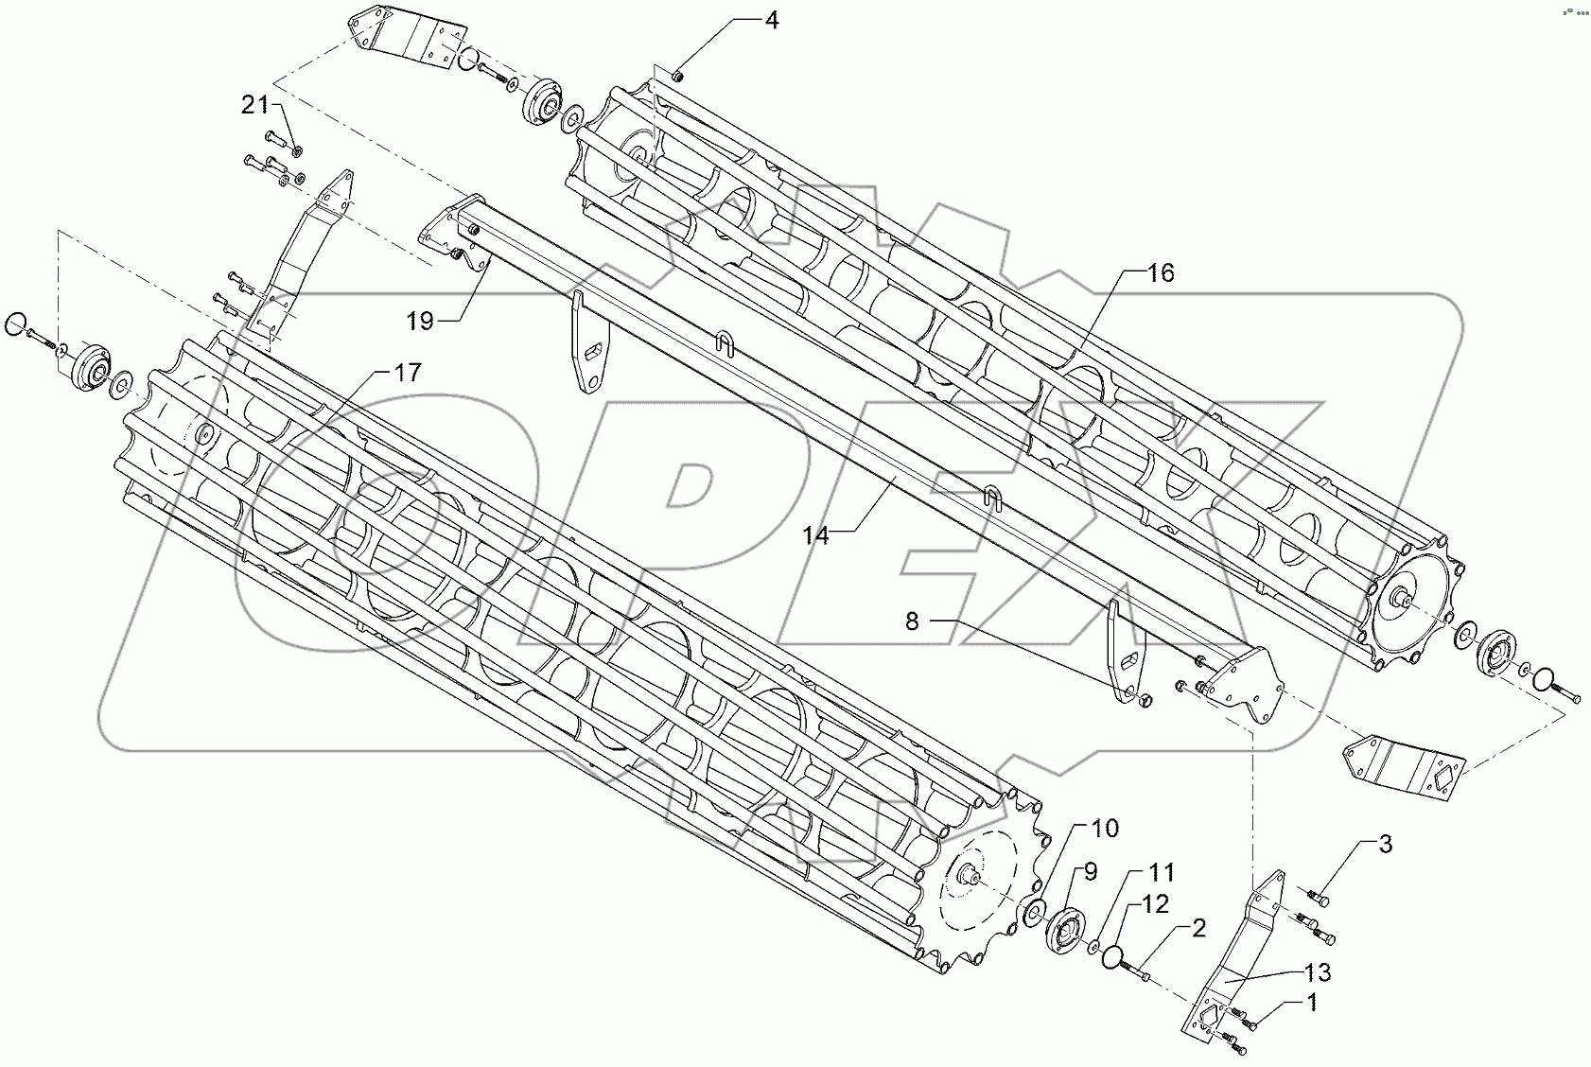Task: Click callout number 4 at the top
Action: [x=772, y=20]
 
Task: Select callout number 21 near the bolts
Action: [x=254, y=106]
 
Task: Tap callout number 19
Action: [x=420, y=322]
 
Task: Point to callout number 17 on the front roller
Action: [x=407, y=373]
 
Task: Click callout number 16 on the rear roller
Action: [x=1161, y=273]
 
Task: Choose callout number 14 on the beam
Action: [x=815, y=536]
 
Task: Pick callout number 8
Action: [x=912, y=621]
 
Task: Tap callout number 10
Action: [x=1105, y=829]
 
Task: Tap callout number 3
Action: [x=1384, y=844]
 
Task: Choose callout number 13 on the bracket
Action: [x=1319, y=971]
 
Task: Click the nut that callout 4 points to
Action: [x=678, y=75]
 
